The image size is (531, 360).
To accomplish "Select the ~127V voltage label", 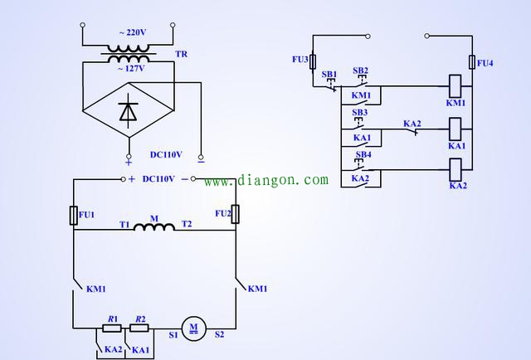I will (x=131, y=69).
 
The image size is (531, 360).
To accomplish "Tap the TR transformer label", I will (x=181, y=54).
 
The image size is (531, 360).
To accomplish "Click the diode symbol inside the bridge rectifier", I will (x=128, y=112).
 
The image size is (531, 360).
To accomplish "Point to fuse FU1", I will (x=73, y=215).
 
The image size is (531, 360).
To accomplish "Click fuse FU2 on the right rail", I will (x=235, y=214).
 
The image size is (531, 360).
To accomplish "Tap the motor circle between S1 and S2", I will (x=193, y=328).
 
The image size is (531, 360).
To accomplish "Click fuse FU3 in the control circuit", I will (x=313, y=61).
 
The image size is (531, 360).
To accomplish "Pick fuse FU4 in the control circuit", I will (x=471, y=62).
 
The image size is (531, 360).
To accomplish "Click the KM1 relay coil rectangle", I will (x=455, y=85).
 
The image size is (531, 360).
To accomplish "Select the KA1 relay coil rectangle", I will (x=455, y=129).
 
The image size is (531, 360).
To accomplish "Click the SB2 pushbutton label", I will (x=360, y=71).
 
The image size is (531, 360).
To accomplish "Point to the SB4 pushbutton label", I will (x=363, y=154).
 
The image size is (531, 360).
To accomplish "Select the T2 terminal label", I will (x=187, y=225).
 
